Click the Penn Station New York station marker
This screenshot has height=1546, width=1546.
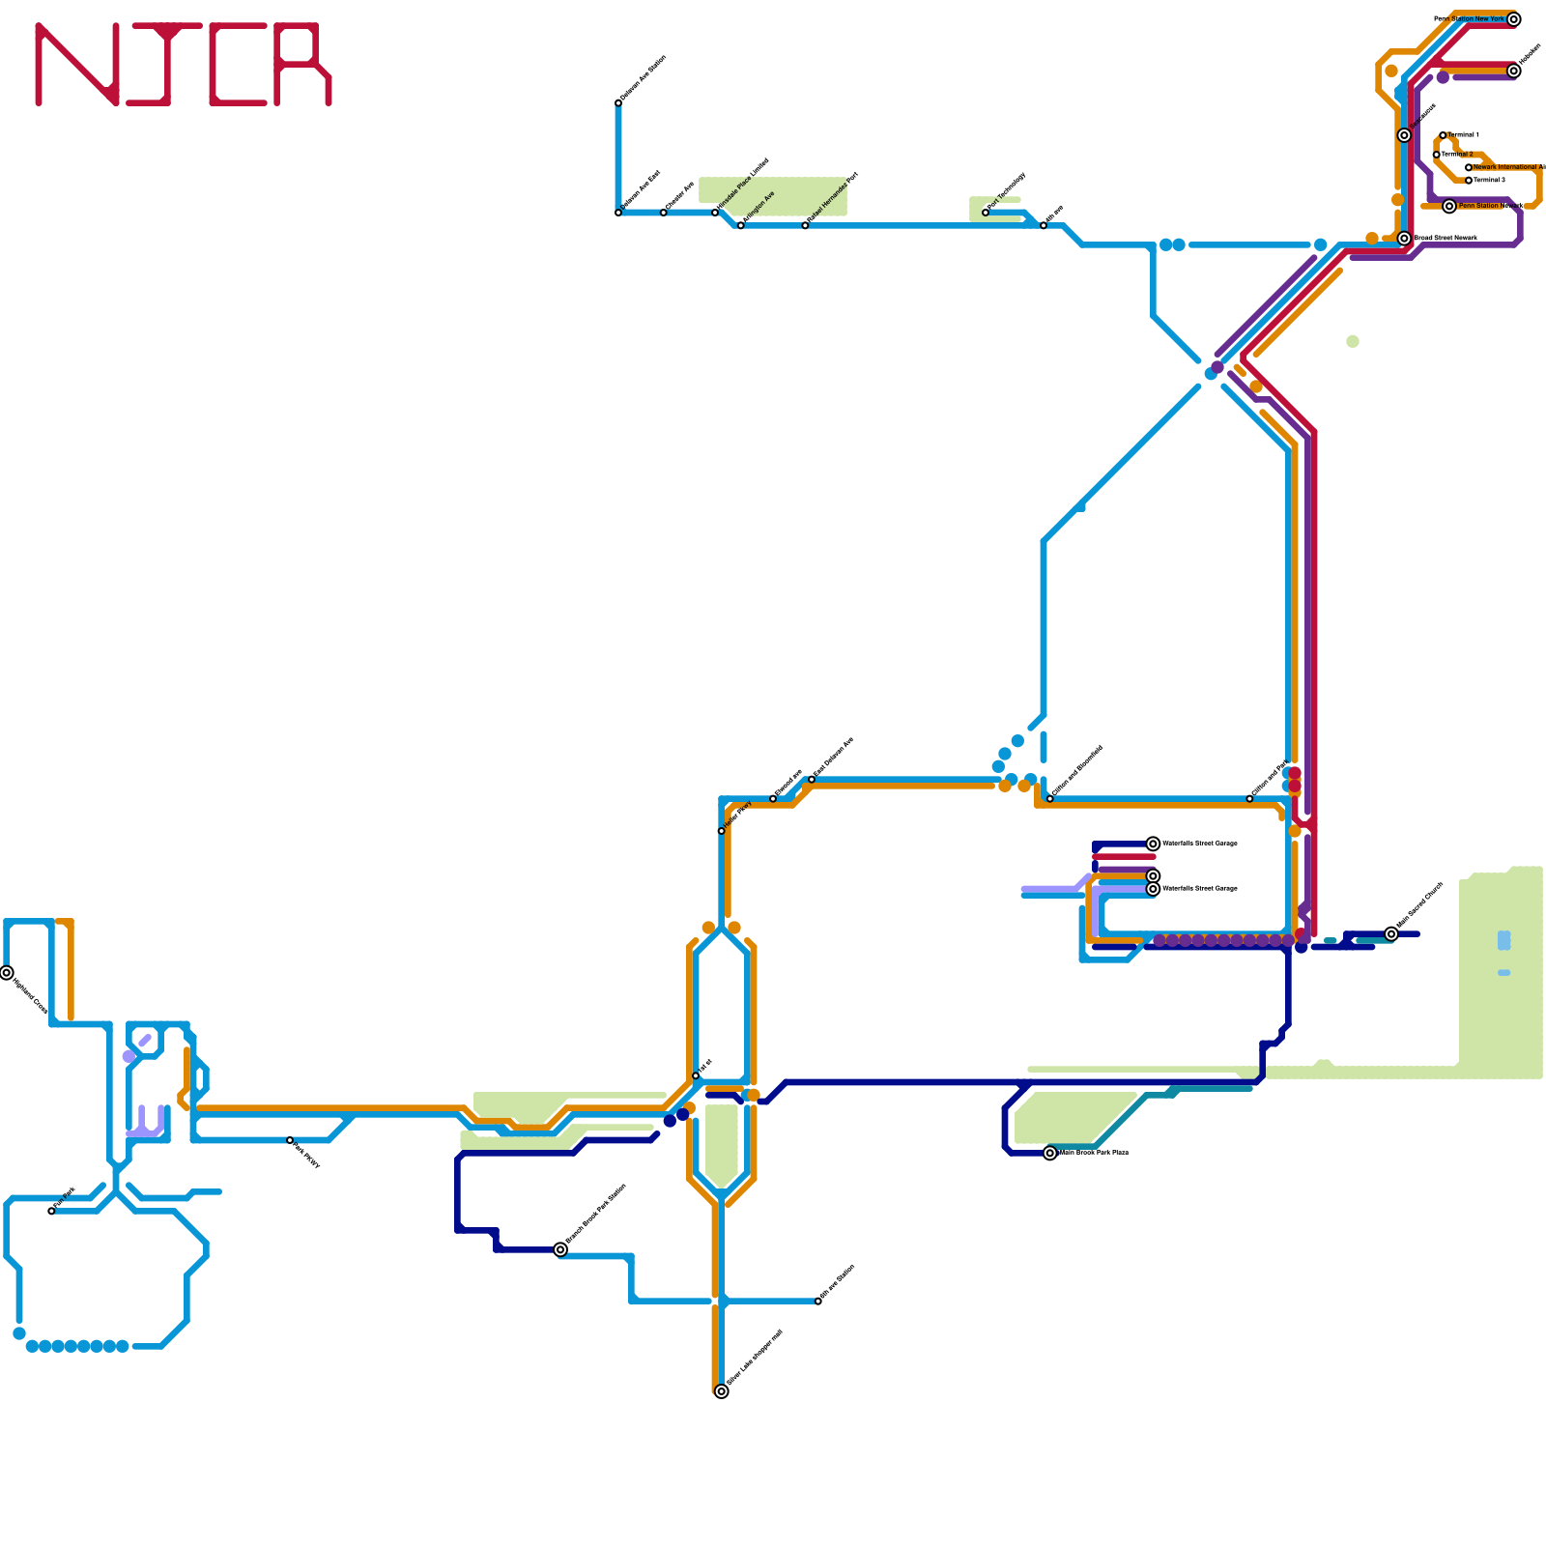1514,19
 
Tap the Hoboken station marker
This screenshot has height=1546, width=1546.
1514,72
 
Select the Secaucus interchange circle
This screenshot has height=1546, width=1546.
1404,135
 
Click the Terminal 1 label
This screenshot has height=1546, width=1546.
1464,135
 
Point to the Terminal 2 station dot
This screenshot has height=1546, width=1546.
1437,155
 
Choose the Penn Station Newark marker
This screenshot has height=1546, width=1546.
1449,206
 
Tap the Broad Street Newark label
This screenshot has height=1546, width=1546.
1446,238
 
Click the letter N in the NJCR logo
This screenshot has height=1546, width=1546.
77,65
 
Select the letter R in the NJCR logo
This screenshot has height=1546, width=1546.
302,65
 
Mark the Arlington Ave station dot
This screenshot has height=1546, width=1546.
741,225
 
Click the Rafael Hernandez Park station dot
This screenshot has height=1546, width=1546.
805,225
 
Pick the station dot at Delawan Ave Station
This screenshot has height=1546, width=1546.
618,102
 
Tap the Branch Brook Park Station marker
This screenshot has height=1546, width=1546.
560,1249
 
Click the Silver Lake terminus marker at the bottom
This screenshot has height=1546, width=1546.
722,1391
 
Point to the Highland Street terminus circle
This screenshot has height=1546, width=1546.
7,973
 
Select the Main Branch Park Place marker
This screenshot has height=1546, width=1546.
1050,1153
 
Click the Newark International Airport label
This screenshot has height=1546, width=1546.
1507,167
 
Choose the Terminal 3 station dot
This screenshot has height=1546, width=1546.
1469,181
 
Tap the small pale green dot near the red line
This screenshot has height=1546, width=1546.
1353,341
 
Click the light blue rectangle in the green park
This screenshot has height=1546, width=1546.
1504,940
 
